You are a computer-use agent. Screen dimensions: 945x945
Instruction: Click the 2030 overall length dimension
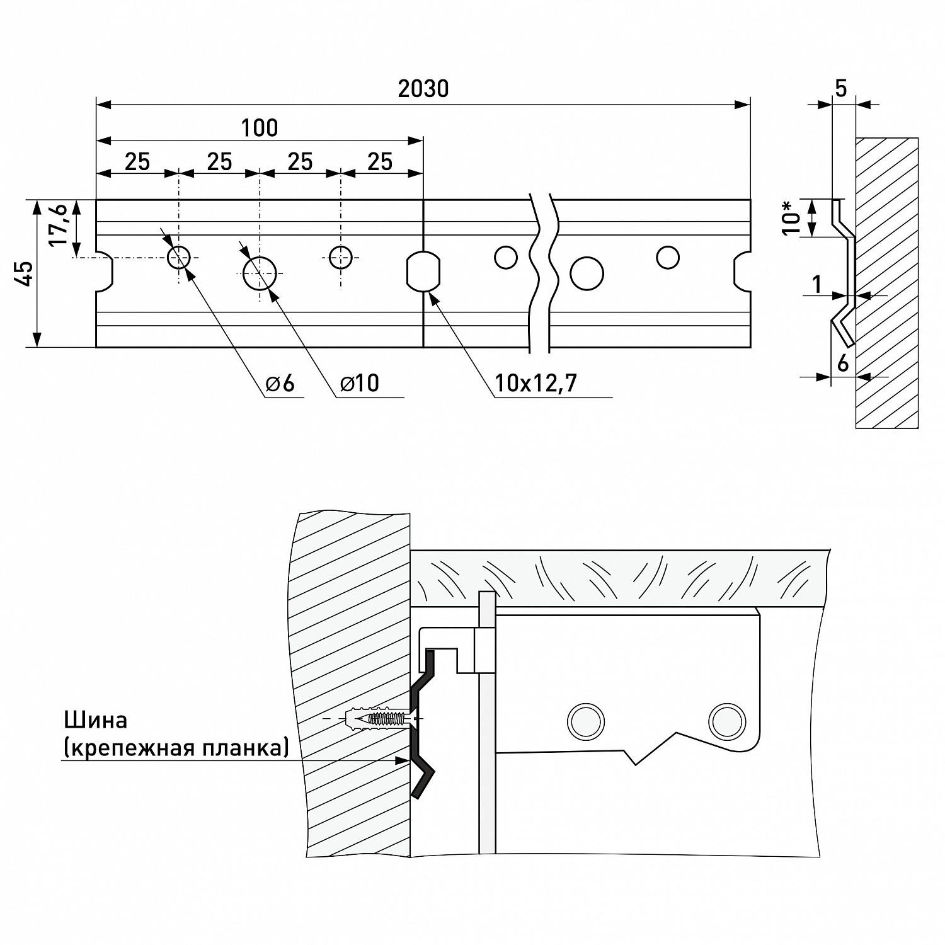point(423,89)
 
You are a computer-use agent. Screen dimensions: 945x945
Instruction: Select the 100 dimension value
point(259,129)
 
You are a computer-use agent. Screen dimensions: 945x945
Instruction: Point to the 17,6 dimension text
point(58,225)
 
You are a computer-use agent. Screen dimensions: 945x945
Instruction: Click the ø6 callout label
point(280,383)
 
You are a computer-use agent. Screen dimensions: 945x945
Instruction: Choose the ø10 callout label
point(360,383)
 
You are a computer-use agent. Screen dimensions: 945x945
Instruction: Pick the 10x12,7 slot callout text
point(535,383)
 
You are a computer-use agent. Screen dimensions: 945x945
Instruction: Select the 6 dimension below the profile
point(842,364)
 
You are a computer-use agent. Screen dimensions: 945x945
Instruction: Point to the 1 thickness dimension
point(816,285)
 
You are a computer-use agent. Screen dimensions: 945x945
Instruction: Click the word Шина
point(95,719)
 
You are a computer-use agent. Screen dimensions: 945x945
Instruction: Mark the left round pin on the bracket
point(586,718)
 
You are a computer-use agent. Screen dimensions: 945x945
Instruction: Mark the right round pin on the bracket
point(726,718)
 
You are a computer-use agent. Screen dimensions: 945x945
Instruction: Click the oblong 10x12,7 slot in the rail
point(423,272)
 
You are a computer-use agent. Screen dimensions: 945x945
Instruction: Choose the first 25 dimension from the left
point(137,162)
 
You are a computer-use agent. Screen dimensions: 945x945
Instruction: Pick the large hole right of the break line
point(587,273)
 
